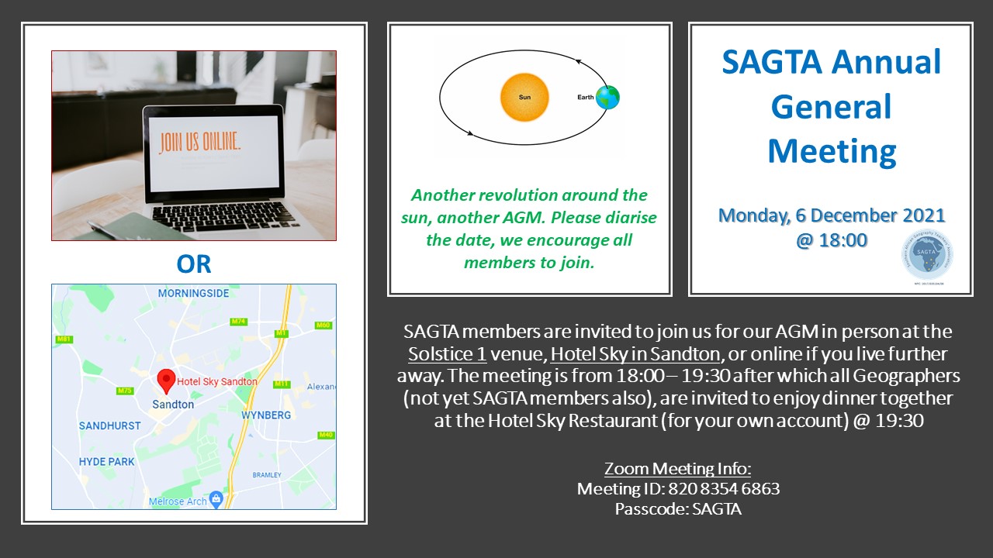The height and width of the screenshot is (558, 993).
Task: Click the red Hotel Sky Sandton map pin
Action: [x=166, y=380]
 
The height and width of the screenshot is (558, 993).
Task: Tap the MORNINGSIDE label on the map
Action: [x=193, y=294]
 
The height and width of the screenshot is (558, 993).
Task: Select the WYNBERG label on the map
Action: [x=266, y=415]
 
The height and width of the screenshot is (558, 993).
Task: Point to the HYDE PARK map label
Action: [x=106, y=462]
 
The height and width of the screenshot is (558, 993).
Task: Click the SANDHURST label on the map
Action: [x=109, y=425]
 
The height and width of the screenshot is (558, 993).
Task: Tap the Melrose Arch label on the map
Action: [x=178, y=501]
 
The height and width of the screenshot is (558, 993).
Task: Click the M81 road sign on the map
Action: [x=64, y=339]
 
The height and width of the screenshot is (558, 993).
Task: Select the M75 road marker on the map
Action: [x=125, y=391]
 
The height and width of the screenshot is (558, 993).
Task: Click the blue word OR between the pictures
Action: [x=193, y=263]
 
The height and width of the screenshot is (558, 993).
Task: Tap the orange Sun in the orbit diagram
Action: [x=524, y=98]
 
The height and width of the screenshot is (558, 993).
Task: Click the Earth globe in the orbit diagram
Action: [x=608, y=97]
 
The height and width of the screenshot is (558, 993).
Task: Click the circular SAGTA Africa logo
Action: [x=928, y=255]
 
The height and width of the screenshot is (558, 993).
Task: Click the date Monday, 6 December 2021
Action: [x=832, y=215]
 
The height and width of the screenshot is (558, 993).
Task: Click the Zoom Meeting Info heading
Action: [x=678, y=468]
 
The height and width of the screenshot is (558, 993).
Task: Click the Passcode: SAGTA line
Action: [x=678, y=509]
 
